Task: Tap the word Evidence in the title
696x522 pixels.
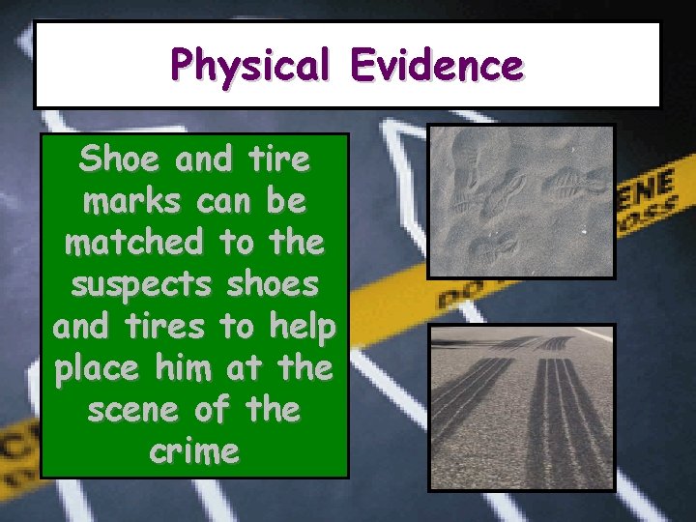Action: [437, 66]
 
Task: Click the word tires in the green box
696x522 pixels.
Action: [164, 327]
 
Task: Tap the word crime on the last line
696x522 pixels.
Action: [194, 452]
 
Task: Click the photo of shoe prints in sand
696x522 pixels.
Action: [522, 201]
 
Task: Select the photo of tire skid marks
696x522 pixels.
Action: [522, 406]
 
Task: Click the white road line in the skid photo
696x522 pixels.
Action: [591, 333]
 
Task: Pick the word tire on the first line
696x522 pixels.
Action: [279, 159]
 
